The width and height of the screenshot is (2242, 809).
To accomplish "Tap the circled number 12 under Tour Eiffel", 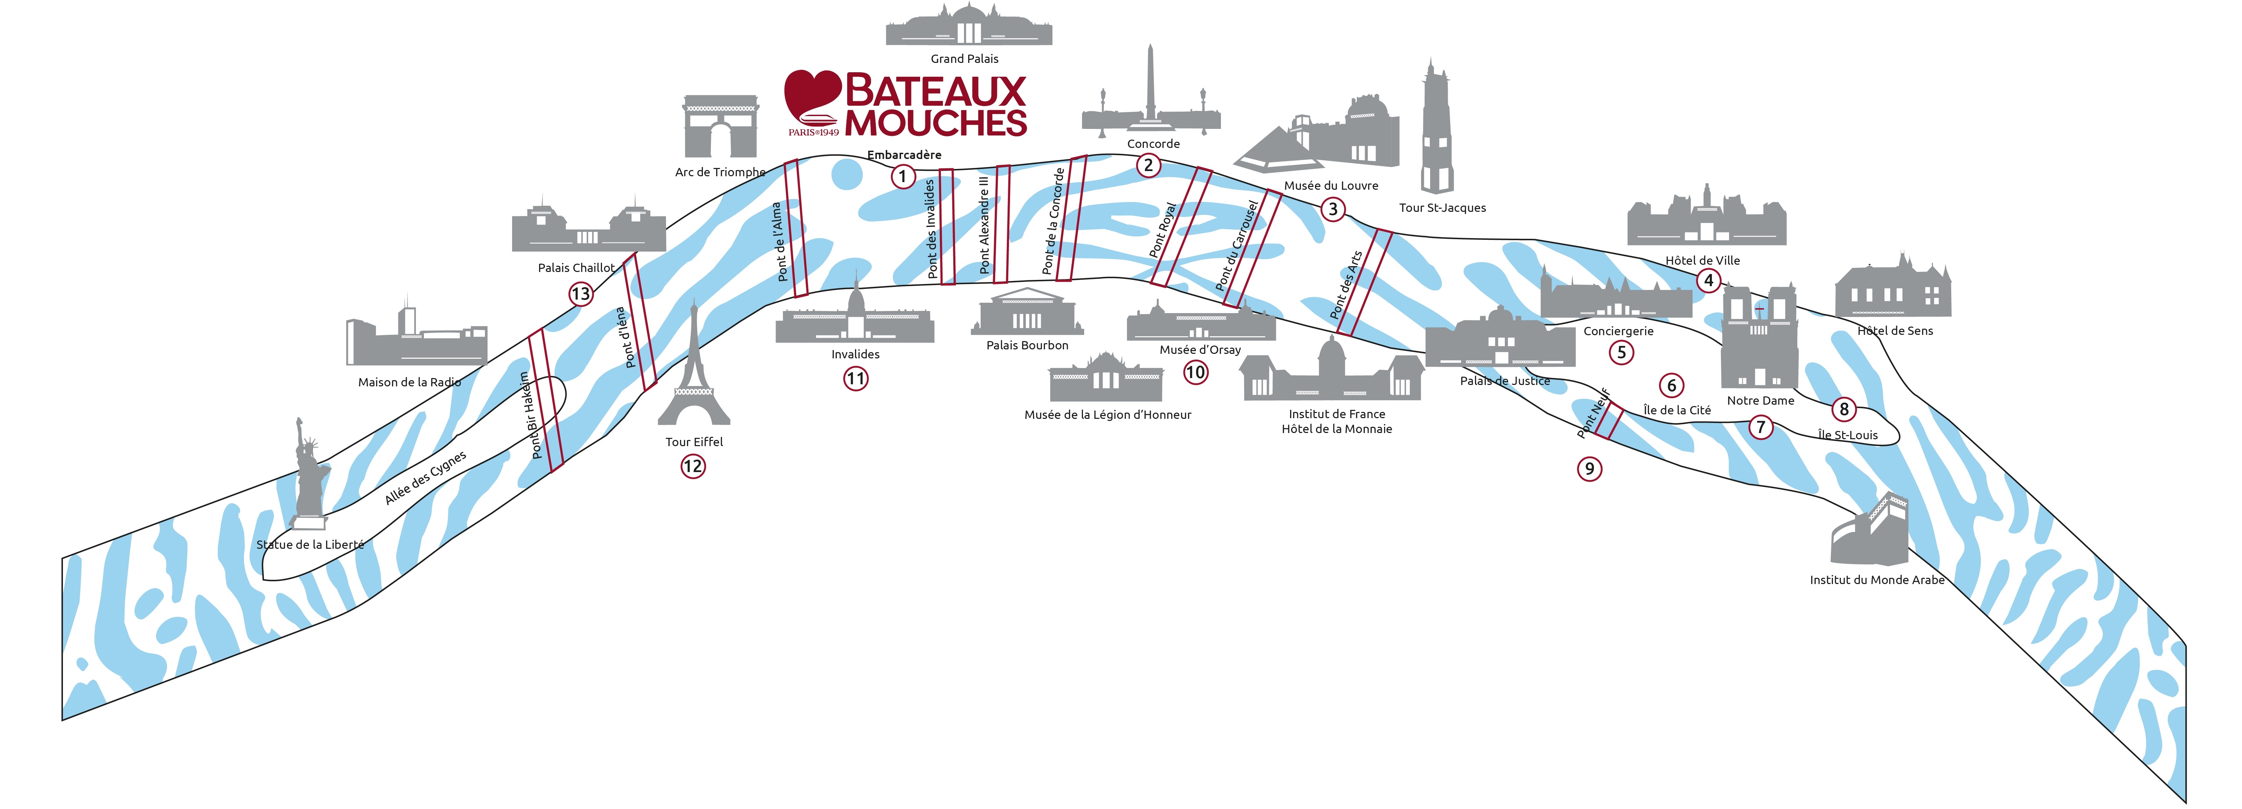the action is [693, 466].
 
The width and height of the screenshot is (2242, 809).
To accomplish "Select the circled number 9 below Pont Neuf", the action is [1589, 469].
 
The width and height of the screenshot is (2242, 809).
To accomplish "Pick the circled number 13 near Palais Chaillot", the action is [581, 294].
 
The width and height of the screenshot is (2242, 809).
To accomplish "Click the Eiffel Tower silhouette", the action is [694, 365].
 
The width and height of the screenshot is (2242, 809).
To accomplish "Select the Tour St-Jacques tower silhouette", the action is [1436, 126].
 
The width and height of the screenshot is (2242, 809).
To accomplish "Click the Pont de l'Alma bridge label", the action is [780, 242].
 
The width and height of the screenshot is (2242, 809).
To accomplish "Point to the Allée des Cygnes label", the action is [426, 478].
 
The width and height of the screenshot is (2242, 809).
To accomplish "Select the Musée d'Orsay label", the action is [1200, 350].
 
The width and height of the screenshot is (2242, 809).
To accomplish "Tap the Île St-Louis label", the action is [1848, 435].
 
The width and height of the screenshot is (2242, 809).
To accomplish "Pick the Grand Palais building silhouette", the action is [969, 24].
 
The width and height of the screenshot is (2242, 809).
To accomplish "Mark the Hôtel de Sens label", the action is [1895, 331].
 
